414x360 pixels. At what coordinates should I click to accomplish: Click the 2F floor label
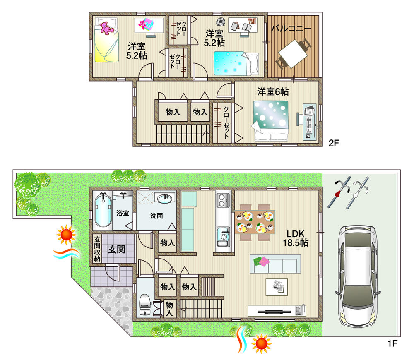pyautogui.click(x=334, y=143)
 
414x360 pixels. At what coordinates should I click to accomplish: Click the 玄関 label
pyautogui.click(x=117, y=249)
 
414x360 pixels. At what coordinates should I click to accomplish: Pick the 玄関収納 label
pyautogui.click(x=97, y=249)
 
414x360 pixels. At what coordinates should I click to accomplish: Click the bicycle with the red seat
pyautogui.click(x=339, y=192)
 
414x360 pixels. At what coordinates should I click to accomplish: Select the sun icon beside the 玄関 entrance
pyautogui.click(x=66, y=235)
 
